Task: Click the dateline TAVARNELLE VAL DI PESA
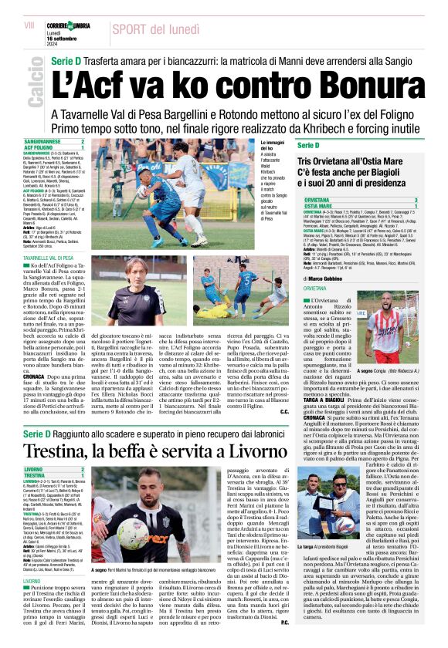point(49,257)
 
